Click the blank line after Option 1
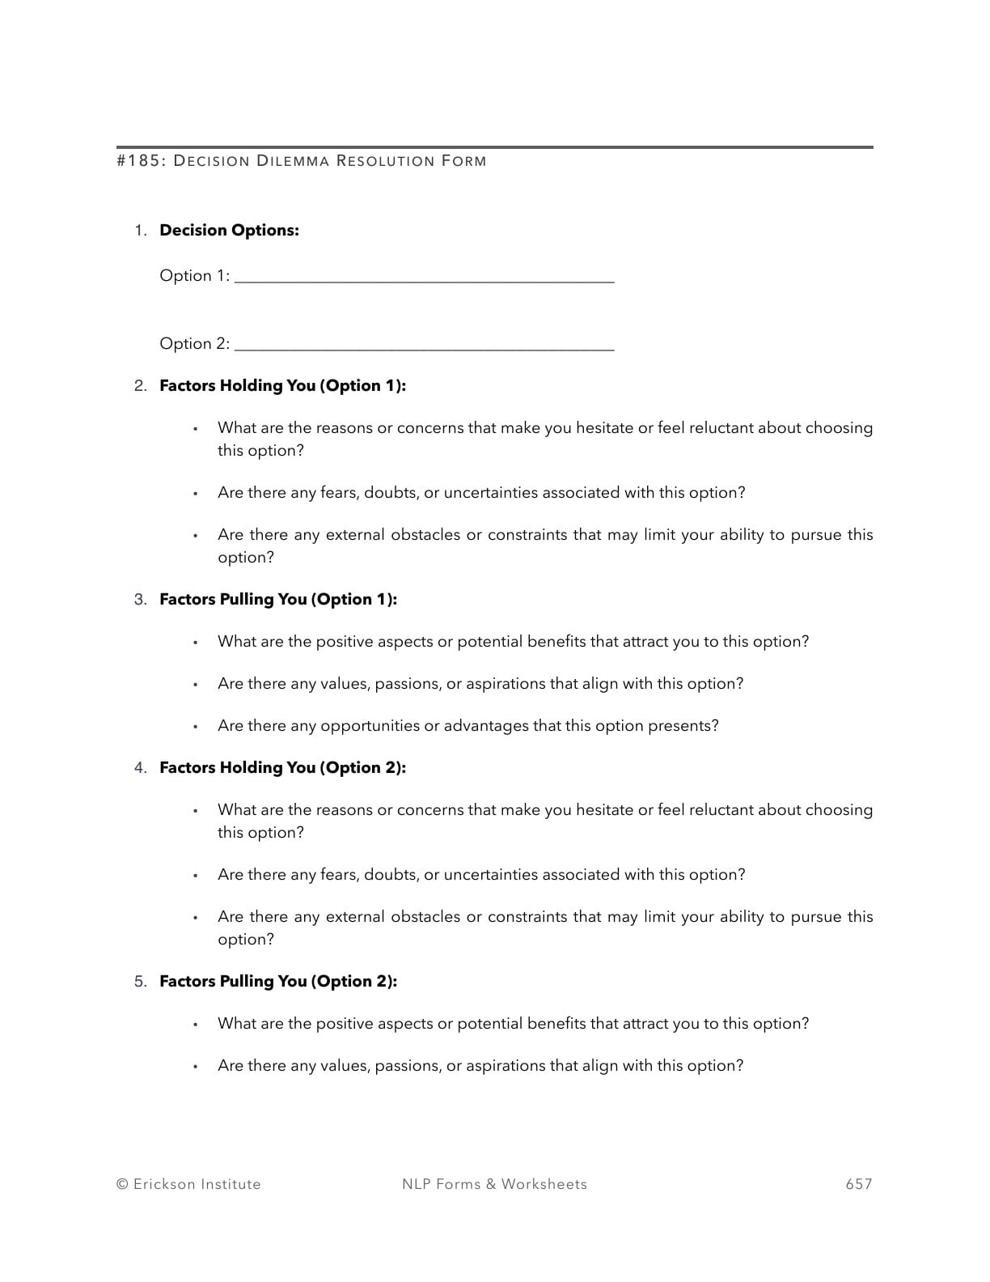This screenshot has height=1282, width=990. [x=424, y=279]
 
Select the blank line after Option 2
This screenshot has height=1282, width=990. [x=424, y=347]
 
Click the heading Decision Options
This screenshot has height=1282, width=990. [x=229, y=230]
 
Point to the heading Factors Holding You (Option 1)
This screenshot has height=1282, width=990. [x=282, y=385]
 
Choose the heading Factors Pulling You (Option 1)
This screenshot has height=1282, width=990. [x=278, y=599]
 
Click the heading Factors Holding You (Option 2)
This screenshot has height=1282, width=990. [x=282, y=767]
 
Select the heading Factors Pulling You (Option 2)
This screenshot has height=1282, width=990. [x=278, y=981]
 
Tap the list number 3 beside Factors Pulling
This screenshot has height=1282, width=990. [x=140, y=599]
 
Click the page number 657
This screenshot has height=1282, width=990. [x=858, y=1184]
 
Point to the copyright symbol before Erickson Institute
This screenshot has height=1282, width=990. [x=122, y=1184]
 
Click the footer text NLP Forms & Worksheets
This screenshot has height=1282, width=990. [x=494, y=1184]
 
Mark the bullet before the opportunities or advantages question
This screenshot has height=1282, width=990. [x=195, y=726]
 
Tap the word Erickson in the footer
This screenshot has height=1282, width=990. [x=164, y=1184]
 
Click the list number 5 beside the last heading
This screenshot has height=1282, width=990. [x=140, y=981]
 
